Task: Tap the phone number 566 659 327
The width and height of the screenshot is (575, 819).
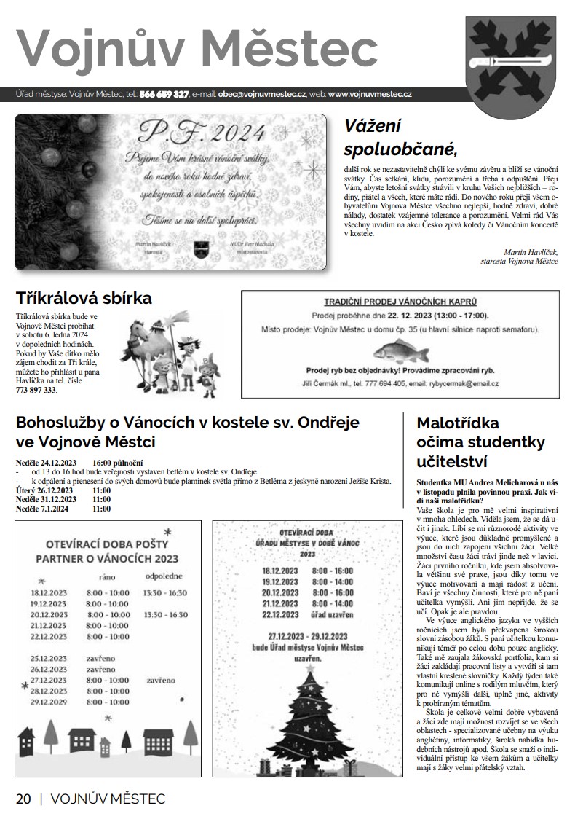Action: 164,95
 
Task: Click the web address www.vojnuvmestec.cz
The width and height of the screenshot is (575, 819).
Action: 370,95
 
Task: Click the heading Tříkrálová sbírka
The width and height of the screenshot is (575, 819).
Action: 84,297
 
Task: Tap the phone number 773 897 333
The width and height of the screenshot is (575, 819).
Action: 36,390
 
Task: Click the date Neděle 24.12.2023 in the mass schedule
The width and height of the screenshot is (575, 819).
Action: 46,463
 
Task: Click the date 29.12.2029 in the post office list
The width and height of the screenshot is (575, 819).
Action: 49,702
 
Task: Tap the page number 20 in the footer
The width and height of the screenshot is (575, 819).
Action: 23,799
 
